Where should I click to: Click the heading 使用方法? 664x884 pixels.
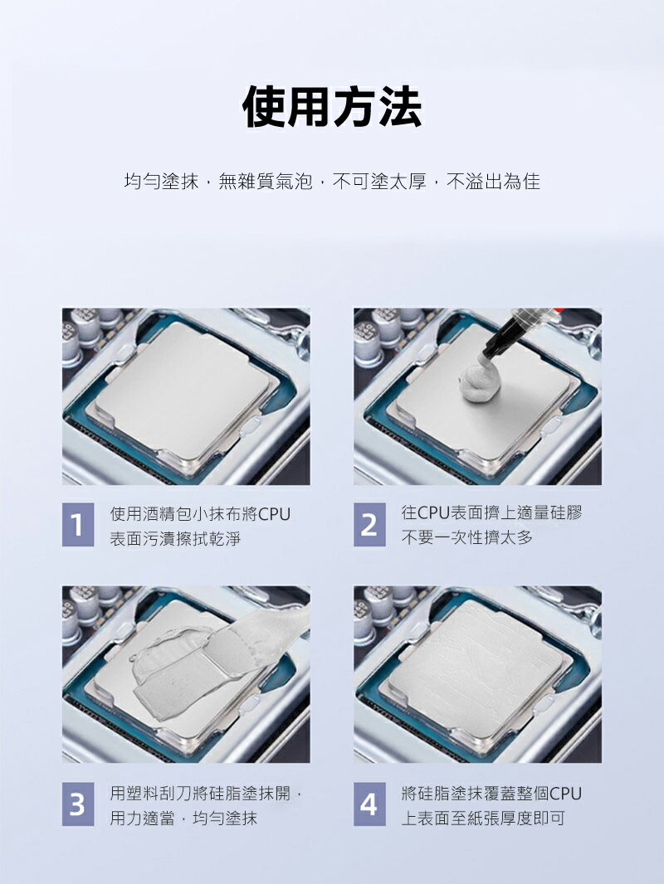click(x=332, y=106)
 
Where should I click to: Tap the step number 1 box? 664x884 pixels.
click(x=78, y=525)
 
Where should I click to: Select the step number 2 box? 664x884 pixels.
click(x=369, y=525)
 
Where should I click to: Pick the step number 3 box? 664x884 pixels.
click(x=78, y=804)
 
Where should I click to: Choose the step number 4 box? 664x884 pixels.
click(x=369, y=804)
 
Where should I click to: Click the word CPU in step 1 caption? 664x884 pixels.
click(x=274, y=514)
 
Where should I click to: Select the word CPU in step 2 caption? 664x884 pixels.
click(x=433, y=512)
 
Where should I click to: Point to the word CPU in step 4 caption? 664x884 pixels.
click(x=565, y=794)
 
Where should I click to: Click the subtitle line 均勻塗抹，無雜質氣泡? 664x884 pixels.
click(x=217, y=182)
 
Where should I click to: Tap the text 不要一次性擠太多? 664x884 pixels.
click(x=467, y=538)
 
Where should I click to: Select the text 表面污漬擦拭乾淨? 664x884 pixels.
click(x=175, y=540)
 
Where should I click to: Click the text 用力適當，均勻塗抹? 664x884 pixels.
click(x=183, y=818)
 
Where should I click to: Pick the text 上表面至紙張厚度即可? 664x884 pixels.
click(x=483, y=818)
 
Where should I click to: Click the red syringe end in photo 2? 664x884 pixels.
click(x=559, y=310)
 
